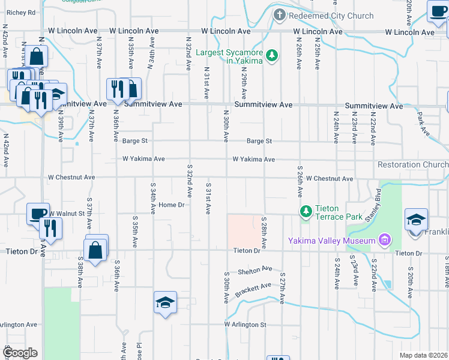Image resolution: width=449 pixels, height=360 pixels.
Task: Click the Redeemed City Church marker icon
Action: coord(279,16)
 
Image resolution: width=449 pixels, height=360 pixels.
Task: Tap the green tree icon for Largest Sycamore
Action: coord(273,56)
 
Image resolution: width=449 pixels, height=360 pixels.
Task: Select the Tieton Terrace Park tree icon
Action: coord(306,211)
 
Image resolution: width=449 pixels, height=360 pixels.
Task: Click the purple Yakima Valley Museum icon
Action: coord(385,241)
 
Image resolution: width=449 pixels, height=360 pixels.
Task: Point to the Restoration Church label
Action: coord(412,164)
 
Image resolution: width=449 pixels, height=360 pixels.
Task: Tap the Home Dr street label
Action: coord(170,205)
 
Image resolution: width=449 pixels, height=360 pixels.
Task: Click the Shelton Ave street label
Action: coord(255,270)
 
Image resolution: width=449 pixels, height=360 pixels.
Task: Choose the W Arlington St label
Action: coord(246,325)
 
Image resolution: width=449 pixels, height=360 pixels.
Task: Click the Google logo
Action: coord(19,352)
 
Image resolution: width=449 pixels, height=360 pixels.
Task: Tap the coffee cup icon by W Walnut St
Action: coord(38,214)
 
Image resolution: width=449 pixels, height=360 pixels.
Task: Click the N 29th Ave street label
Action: coord(244,83)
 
